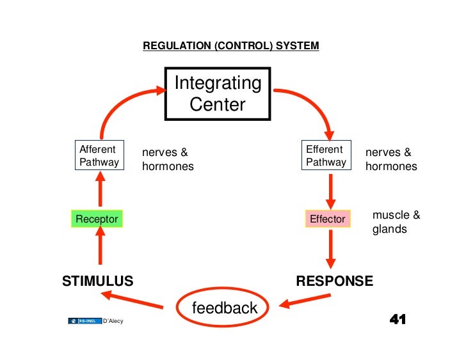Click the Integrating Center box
tap(218, 94)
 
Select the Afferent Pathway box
tap(99, 155)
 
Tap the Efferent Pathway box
tap(326, 155)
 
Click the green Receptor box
tap(97, 219)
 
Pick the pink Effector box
tap(328, 219)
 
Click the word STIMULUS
tap(97, 281)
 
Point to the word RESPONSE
tap(334, 281)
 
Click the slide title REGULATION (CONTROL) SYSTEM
tap(230, 46)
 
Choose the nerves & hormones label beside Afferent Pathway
tap(167, 159)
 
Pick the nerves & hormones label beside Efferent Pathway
tap(390, 159)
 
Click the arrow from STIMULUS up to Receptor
tap(100, 246)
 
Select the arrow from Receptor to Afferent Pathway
tap(100, 191)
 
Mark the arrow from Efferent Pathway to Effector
tap(330, 189)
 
